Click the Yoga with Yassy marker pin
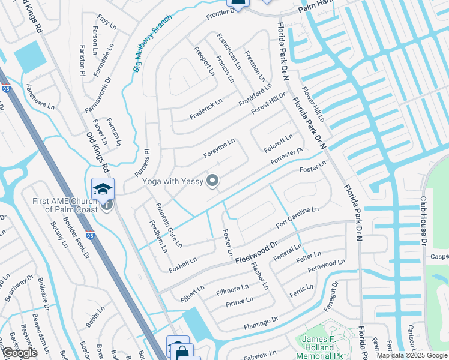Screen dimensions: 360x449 pos(212,180)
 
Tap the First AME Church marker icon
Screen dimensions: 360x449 pos(107,205)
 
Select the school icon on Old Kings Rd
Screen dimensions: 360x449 pos(103,188)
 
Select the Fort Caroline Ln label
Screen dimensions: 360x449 pos(297,217)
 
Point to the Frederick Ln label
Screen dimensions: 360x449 pos(206,109)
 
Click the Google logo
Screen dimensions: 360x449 pos(19,353)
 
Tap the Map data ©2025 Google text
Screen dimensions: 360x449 pos(411,355)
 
